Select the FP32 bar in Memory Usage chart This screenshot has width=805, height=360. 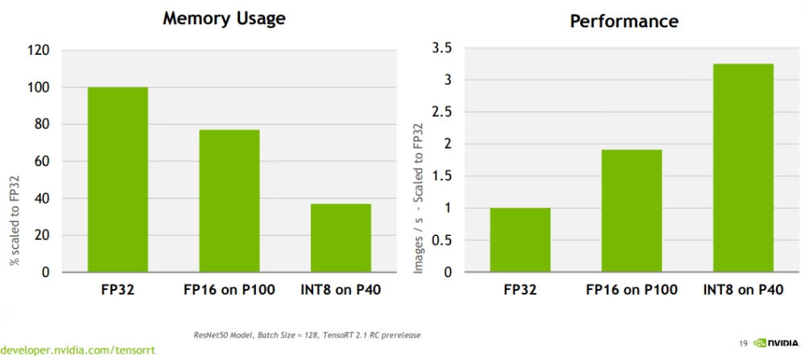point(118,180)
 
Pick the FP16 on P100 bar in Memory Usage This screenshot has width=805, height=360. point(229,201)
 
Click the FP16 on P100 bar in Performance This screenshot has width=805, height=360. point(631,211)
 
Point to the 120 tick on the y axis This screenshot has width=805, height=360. point(39,51)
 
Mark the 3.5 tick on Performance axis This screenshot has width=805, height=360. point(441,49)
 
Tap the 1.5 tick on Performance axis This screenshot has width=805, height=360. point(441,176)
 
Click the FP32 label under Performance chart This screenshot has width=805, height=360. point(520,289)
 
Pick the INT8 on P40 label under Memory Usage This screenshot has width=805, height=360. point(341,289)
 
